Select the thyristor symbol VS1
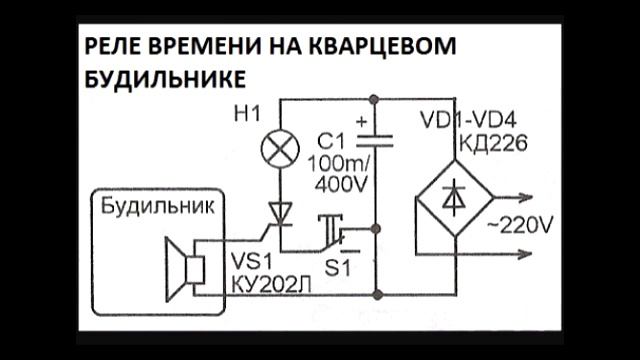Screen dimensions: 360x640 pyautogui.click(x=279, y=212)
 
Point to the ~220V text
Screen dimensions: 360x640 pyautogui.click(x=517, y=226)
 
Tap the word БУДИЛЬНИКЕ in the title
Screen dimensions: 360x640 pyautogui.click(x=160, y=78)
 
